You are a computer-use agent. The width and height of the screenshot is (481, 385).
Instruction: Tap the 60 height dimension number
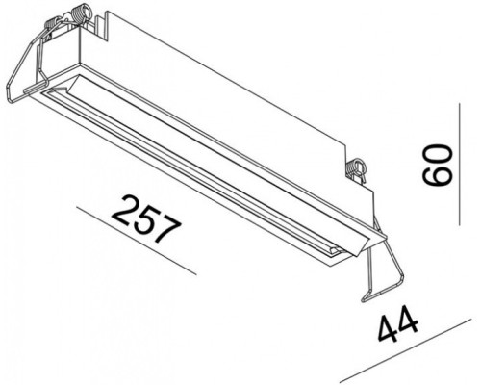coord(438,165)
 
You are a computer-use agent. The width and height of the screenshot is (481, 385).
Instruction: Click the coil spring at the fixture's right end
coord(360,168)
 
